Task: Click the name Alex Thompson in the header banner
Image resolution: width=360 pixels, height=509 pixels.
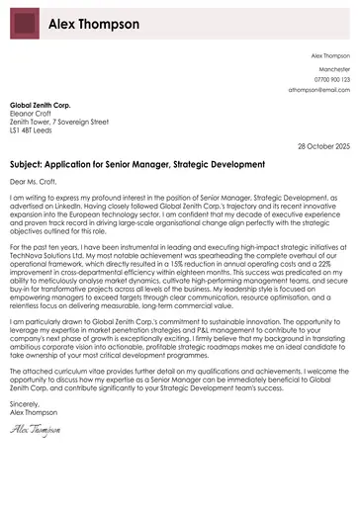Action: click(x=94, y=24)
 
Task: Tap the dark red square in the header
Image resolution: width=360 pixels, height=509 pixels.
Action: click(x=25, y=24)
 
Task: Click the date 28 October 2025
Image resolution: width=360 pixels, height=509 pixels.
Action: click(x=323, y=145)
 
